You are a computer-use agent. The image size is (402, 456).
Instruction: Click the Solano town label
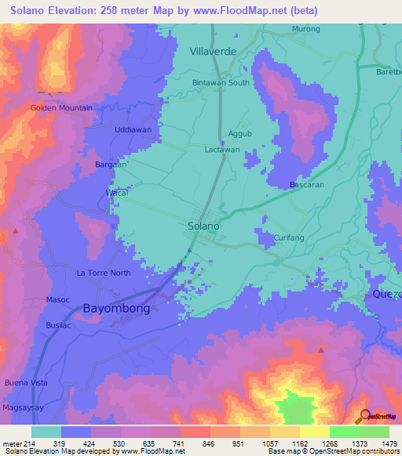pos(203,226)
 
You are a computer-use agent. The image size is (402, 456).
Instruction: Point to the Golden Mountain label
pos(61,107)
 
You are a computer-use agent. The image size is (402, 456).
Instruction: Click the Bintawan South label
pos(221,82)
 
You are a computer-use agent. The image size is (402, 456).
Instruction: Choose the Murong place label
pos(306,29)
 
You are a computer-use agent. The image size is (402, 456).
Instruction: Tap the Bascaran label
pos(308,184)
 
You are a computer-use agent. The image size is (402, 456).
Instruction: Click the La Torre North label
pos(103,273)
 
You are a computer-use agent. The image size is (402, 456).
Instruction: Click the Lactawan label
pos(222,149)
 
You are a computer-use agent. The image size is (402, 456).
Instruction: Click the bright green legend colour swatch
pos(344,432)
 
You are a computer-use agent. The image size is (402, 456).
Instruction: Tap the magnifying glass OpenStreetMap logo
pos(364,416)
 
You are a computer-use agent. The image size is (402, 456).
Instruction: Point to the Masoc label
pos(58,299)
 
